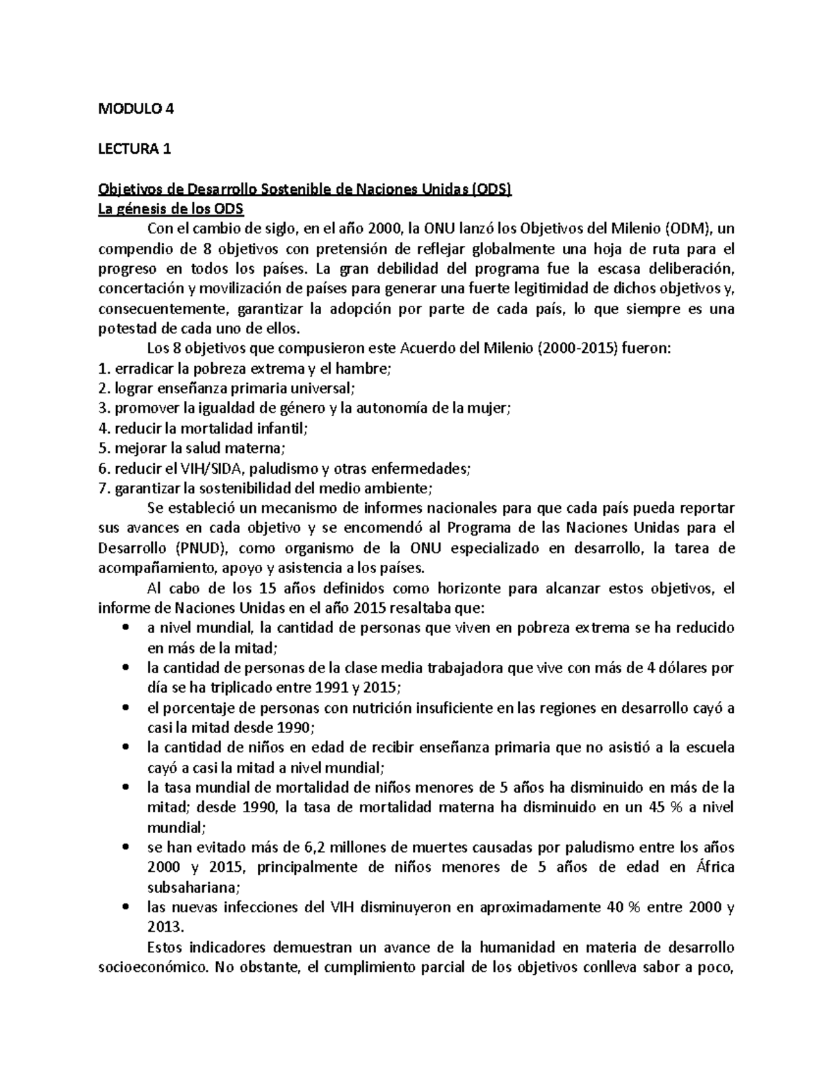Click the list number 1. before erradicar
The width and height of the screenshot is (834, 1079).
[x=105, y=369]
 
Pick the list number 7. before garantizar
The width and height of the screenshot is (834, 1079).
[x=105, y=488]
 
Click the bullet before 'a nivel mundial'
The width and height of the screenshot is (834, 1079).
[x=126, y=628]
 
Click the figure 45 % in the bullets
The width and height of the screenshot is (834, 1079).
[x=647, y=807]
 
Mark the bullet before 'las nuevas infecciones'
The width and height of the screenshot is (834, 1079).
[x=126, y=907]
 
